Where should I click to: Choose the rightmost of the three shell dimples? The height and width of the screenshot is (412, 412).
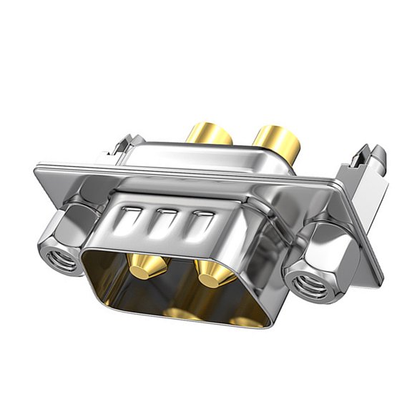(x=199, y=220)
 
